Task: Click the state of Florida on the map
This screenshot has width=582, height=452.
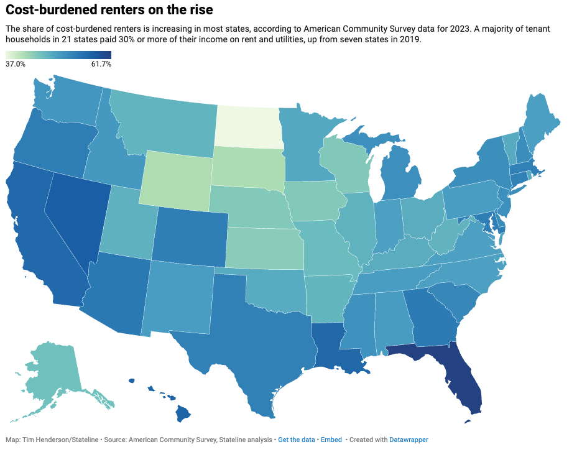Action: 463,379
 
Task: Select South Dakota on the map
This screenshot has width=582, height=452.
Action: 247,166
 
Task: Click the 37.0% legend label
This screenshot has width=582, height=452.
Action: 15,64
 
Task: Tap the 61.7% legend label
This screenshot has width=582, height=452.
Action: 101,64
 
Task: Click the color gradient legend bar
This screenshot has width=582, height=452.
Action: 58,55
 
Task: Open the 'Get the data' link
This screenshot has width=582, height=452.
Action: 296,440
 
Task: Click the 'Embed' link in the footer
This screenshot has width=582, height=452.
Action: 331,440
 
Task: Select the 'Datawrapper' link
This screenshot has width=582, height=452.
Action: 409,440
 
